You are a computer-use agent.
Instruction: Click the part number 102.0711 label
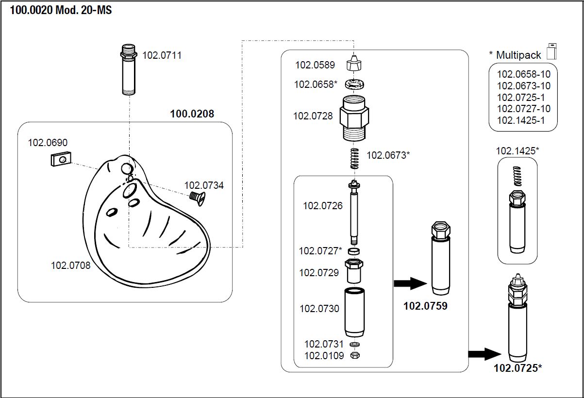click(x=162, y=55)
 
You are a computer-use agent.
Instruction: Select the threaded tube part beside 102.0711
click(x=129, y=70)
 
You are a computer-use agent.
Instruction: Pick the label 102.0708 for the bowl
click(x=70, y=265)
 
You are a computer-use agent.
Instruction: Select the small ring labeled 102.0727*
click(x=355, y=251)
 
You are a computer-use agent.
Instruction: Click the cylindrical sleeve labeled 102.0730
click(x=355, y=312)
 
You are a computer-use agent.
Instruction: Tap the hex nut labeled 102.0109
click(x=355, y=355)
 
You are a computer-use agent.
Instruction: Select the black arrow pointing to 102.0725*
click(x=484, y=353)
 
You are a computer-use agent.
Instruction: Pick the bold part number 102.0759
click(x=425, y=306)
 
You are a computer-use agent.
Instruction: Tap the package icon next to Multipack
click(x=551, y=51)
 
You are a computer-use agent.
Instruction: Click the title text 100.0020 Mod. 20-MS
click(x=61, y=10)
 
